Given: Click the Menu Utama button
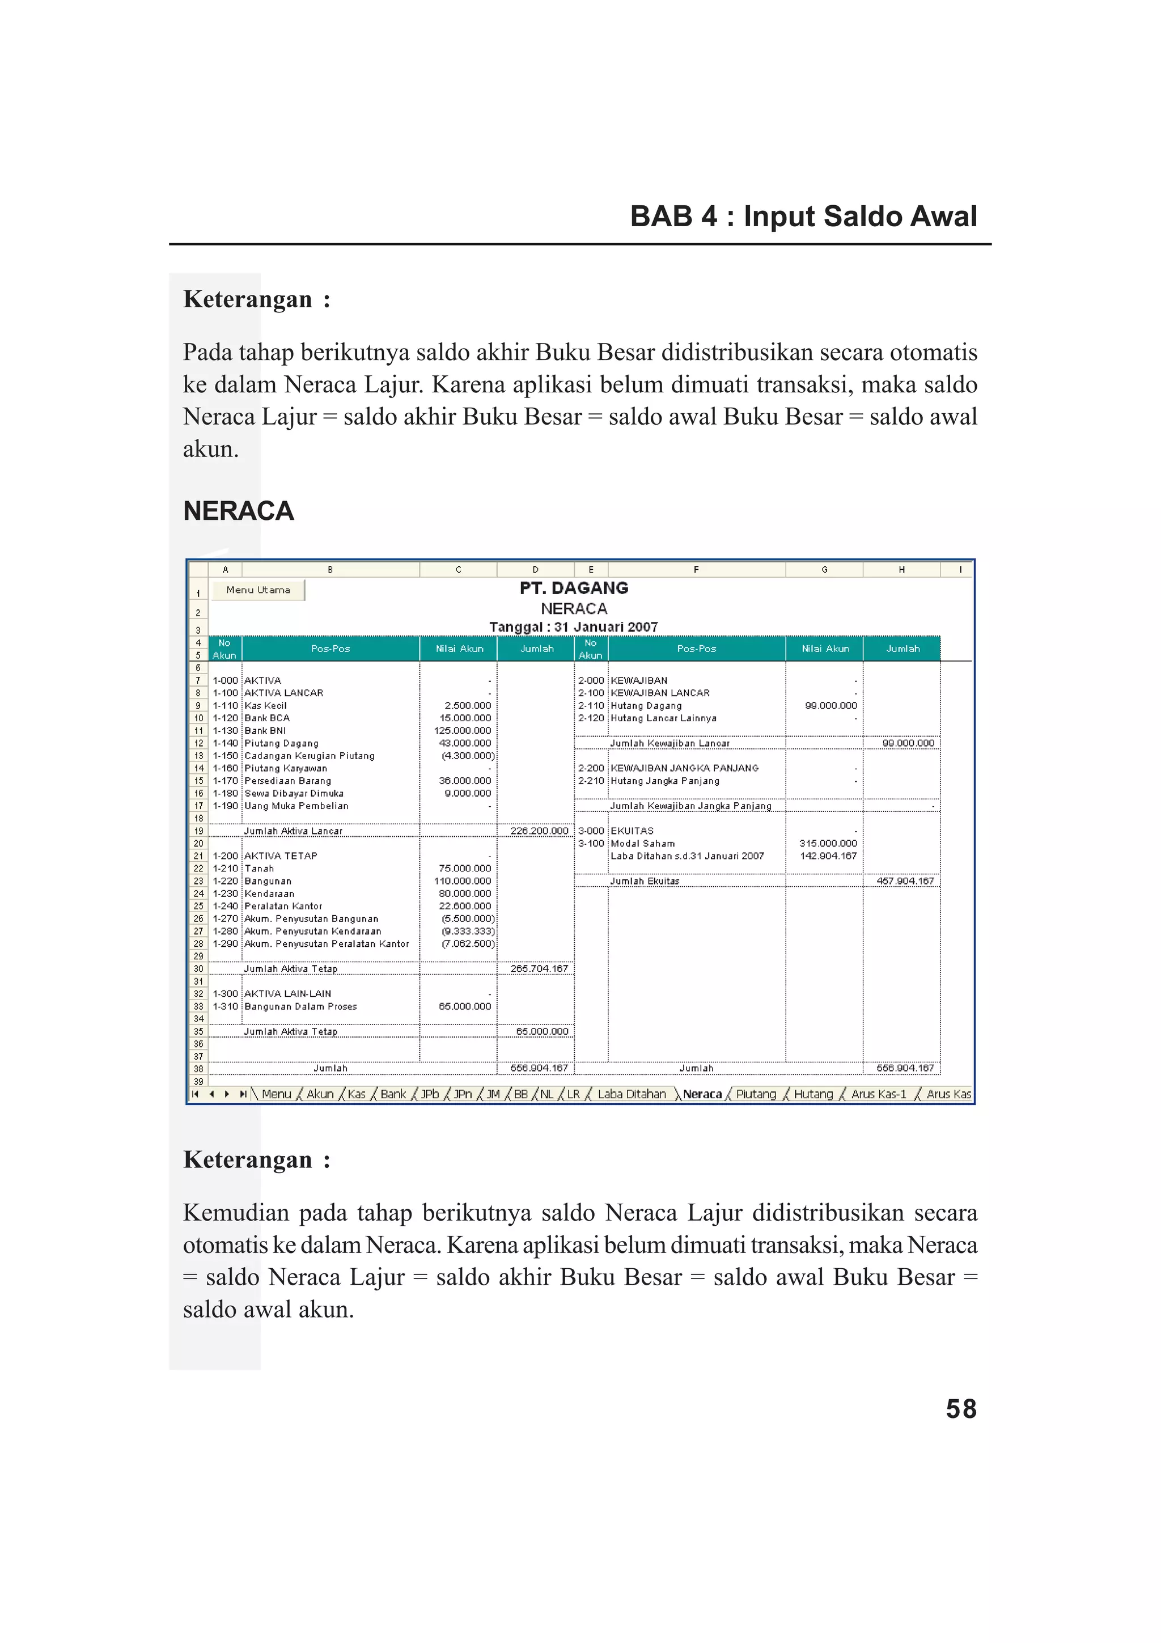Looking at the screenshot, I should tap(259, 590).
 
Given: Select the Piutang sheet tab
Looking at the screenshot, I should tap(756, 1094).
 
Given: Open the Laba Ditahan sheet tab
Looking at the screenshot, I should tap(631, 1094).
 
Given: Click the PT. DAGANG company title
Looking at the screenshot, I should tap(574, 588).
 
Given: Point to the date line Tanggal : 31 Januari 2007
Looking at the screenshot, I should tap(574, 627).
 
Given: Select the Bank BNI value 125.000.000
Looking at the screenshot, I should tap(462, 731).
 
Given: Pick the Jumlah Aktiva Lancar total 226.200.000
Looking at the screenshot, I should tap(539, 831).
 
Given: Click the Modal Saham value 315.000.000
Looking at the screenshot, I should tap(828, 844).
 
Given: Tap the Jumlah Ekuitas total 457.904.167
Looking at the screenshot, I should tap(905, 881).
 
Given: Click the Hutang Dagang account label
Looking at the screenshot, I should tap(646, 706).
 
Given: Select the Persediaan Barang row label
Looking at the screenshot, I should tap(287, 781).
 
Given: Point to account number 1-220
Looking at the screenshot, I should tap(224, 881).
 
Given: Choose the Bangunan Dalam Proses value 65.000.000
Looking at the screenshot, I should tap(465, 1006).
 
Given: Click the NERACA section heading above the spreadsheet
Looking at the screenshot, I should tap(238, 511).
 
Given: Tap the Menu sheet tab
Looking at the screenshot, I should tap(276, 1094).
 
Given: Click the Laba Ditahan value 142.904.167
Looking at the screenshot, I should tap(828, 856).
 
